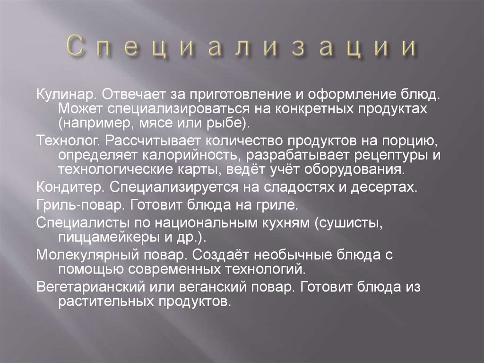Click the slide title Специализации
[242, 48]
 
